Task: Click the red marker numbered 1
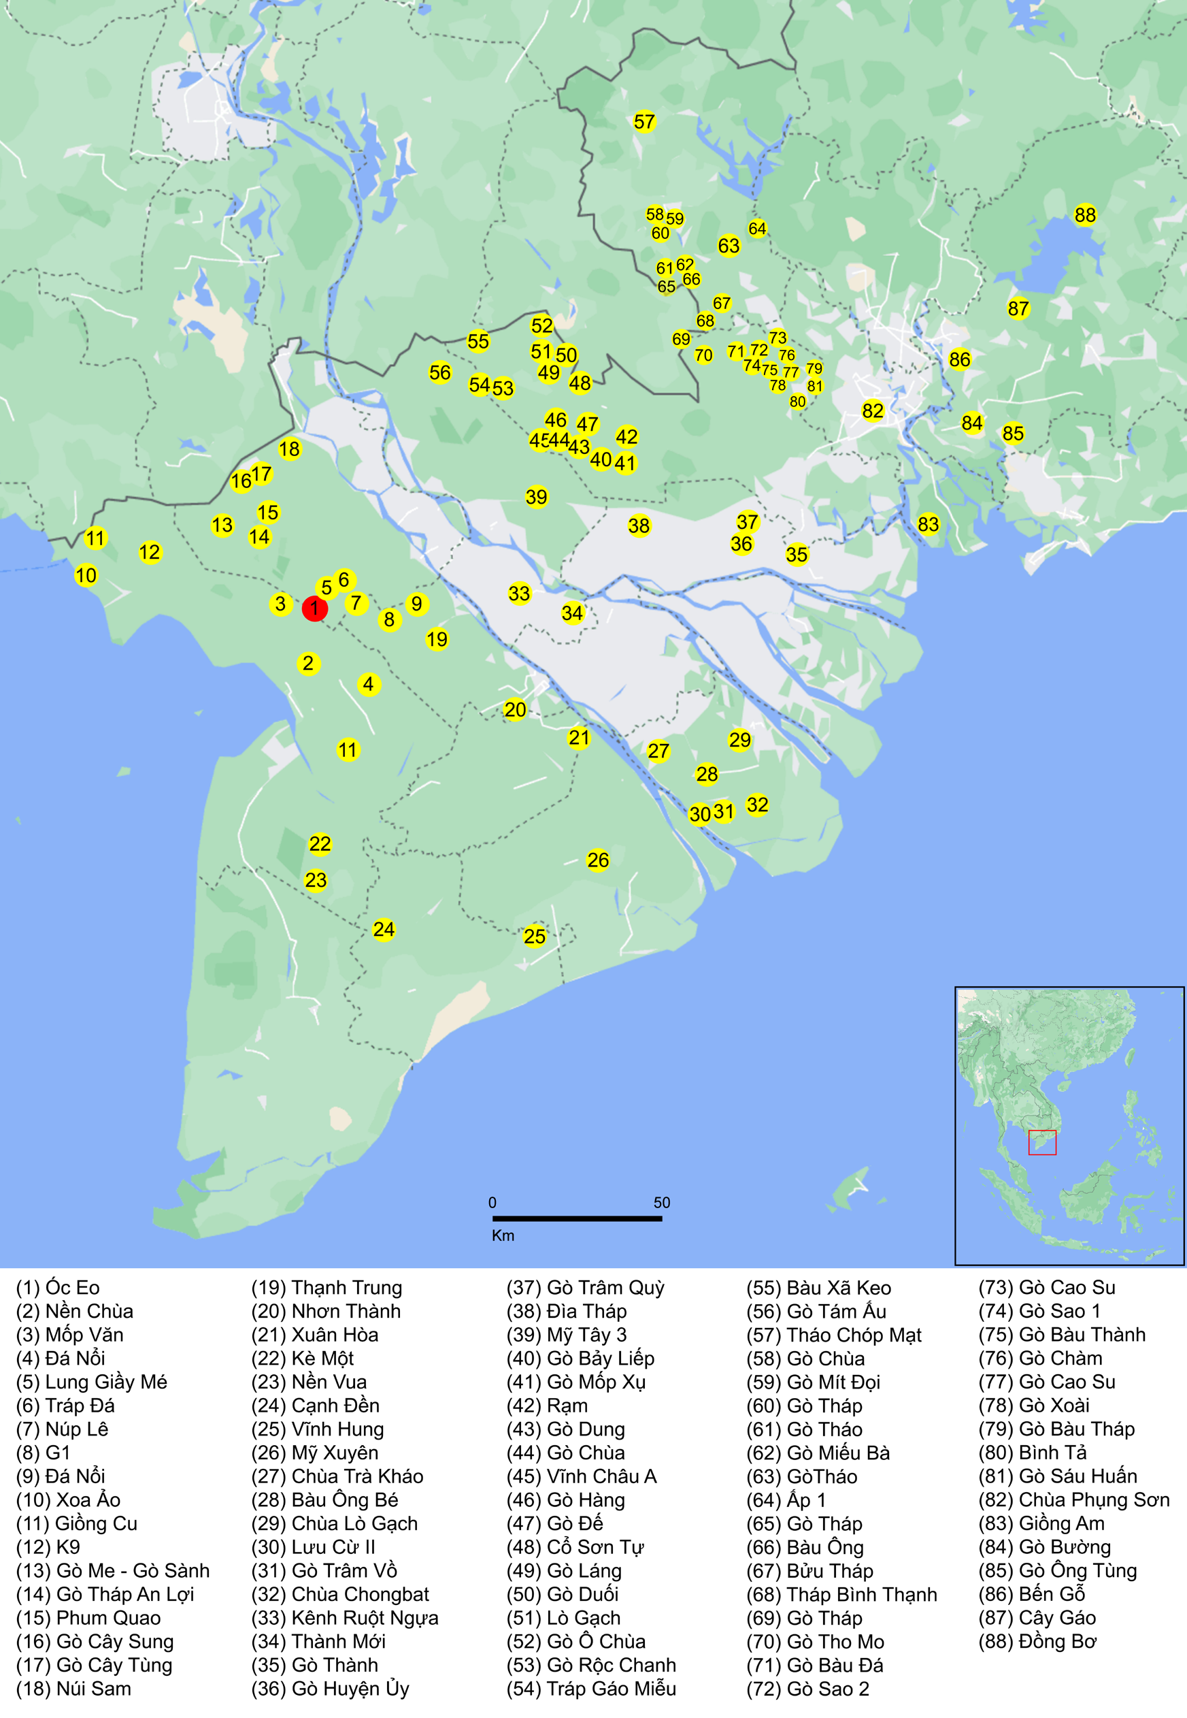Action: pos(314,608)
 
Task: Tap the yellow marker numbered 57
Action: pos(644,122)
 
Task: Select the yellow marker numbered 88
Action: pos(1084,215)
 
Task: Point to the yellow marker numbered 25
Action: pos(534,936)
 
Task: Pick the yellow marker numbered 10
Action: pos(86,575)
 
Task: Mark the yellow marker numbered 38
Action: pos(638,526)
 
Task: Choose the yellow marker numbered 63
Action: pos(728,246)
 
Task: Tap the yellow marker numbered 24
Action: pos(383,929)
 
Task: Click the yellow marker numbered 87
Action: pos(1018,309)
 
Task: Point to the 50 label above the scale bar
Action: pos(661,1202)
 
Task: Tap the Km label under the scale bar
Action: pos(503,1236)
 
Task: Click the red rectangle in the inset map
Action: pos(1042,1142)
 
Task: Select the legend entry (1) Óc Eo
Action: pos(58,1288)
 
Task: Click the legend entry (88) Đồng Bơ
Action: pos(1037,1641)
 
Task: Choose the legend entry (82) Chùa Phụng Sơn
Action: pos(1073,1500)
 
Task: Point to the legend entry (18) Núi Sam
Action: pos(73,1689)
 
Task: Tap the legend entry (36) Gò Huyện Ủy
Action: pos(330,1689)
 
